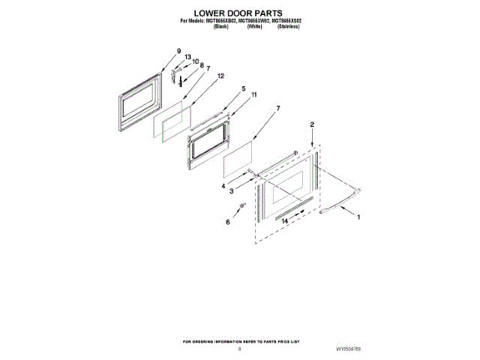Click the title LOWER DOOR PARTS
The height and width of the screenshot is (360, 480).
pos(239,13)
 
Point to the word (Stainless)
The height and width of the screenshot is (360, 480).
pos(289,26)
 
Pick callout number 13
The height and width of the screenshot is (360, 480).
pos(187,57)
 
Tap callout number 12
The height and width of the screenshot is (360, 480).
pos(220,76)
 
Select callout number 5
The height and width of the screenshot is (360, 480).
pos(243,88)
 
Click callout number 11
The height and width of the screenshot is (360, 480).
pos(253,95)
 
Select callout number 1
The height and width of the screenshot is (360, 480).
pos(358,217)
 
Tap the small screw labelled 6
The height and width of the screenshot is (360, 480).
pos(241,206)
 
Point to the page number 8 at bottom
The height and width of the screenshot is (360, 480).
pos(239,349)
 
